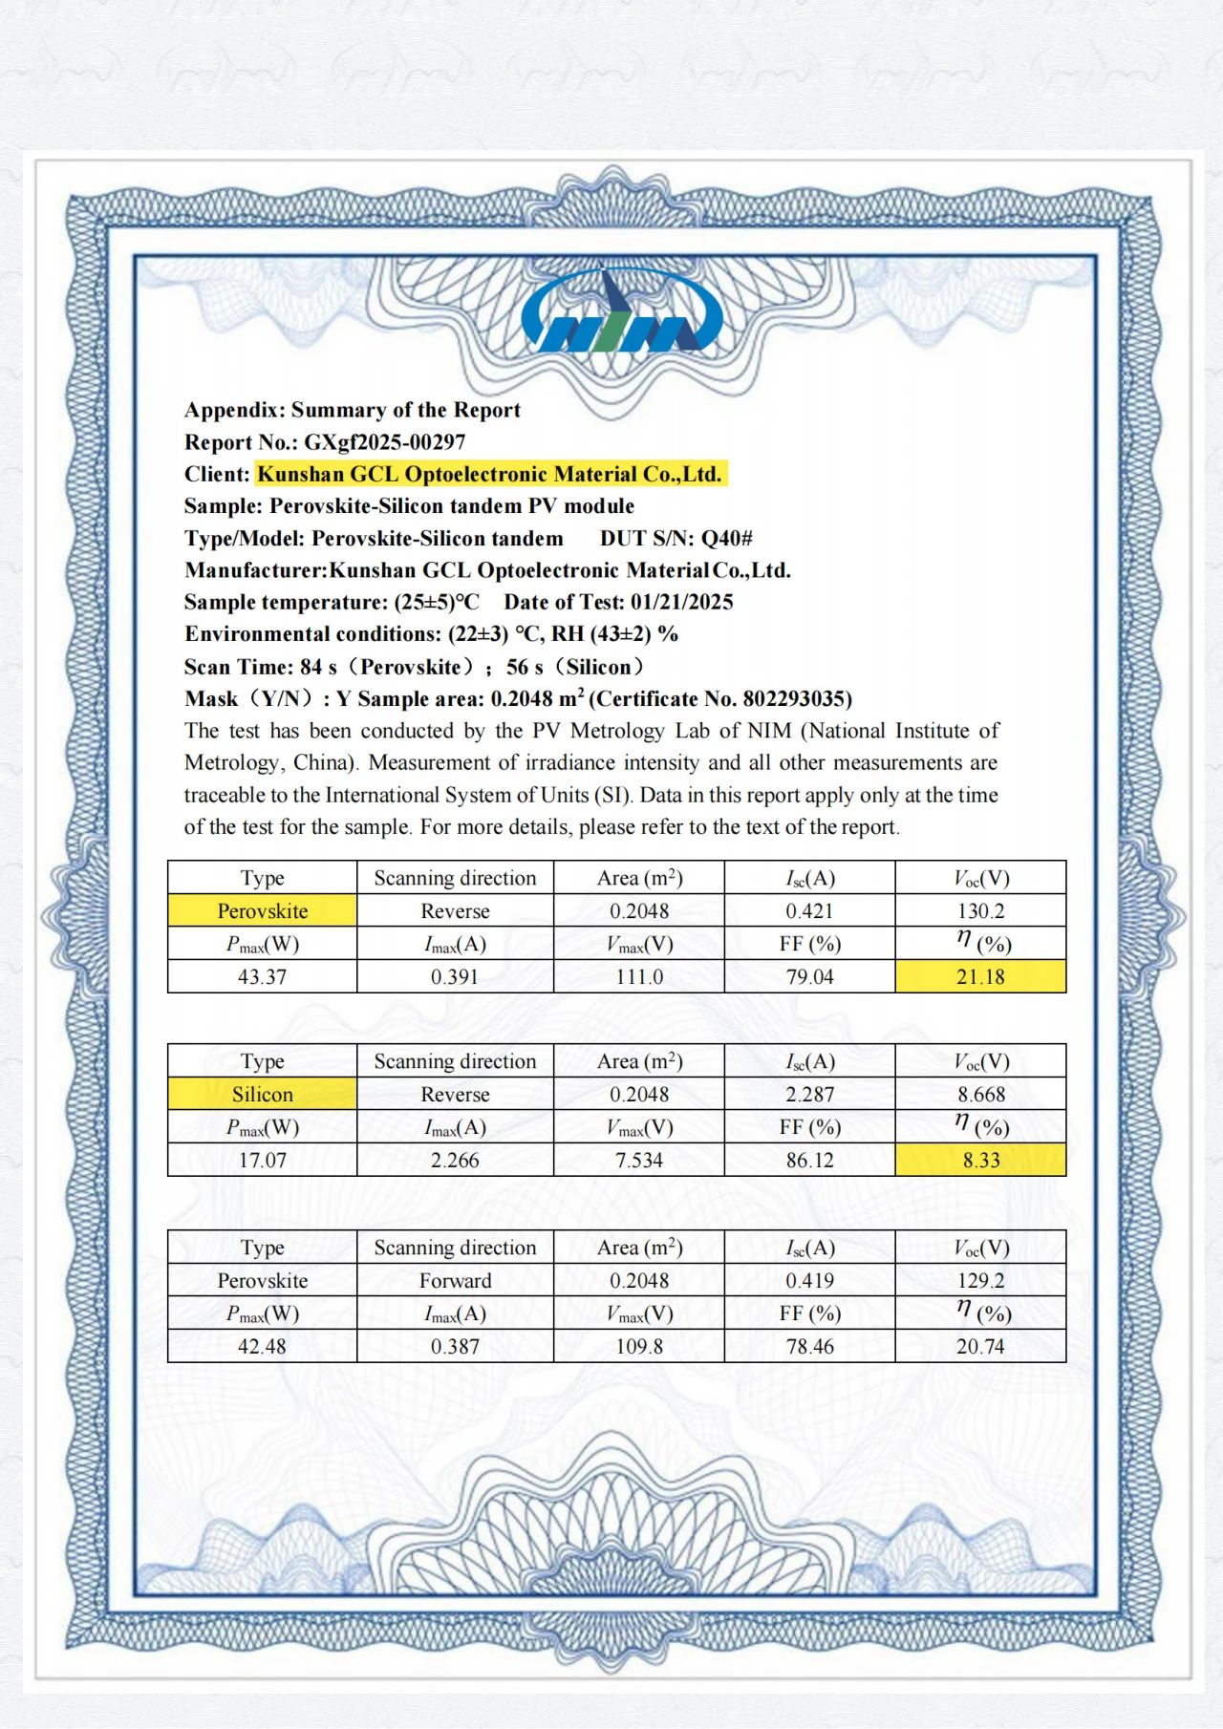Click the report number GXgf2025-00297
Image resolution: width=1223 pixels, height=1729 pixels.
(384, 442)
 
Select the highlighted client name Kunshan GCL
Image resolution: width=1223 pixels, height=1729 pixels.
(490, 474)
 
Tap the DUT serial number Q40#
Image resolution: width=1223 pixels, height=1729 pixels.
(726, 538)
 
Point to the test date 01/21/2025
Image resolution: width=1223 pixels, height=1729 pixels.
(681, 602)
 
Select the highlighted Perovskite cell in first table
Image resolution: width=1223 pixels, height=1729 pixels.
(263, 911)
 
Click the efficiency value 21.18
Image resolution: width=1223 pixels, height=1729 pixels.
(980, 976)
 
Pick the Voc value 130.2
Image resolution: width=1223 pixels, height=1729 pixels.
(980, 911)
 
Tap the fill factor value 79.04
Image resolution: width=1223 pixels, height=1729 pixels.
(809, 976)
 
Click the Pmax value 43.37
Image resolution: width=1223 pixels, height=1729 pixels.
(263, 976)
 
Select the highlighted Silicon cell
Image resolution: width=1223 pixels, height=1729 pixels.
(263, 1095)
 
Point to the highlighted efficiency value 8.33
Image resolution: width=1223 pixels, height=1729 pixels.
(980, 1160)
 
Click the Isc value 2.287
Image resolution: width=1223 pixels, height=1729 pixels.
(809, 1095)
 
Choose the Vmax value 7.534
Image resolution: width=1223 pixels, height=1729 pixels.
(639, 1160)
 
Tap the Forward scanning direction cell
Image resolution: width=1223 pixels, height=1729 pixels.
(455, 1281)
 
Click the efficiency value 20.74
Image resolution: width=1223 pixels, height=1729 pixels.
(980, 1346)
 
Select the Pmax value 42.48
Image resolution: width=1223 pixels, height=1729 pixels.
(263, 1346)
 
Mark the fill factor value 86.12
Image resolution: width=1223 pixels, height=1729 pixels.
(809, 1160)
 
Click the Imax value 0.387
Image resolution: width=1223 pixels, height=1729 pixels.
(455, 1346)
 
